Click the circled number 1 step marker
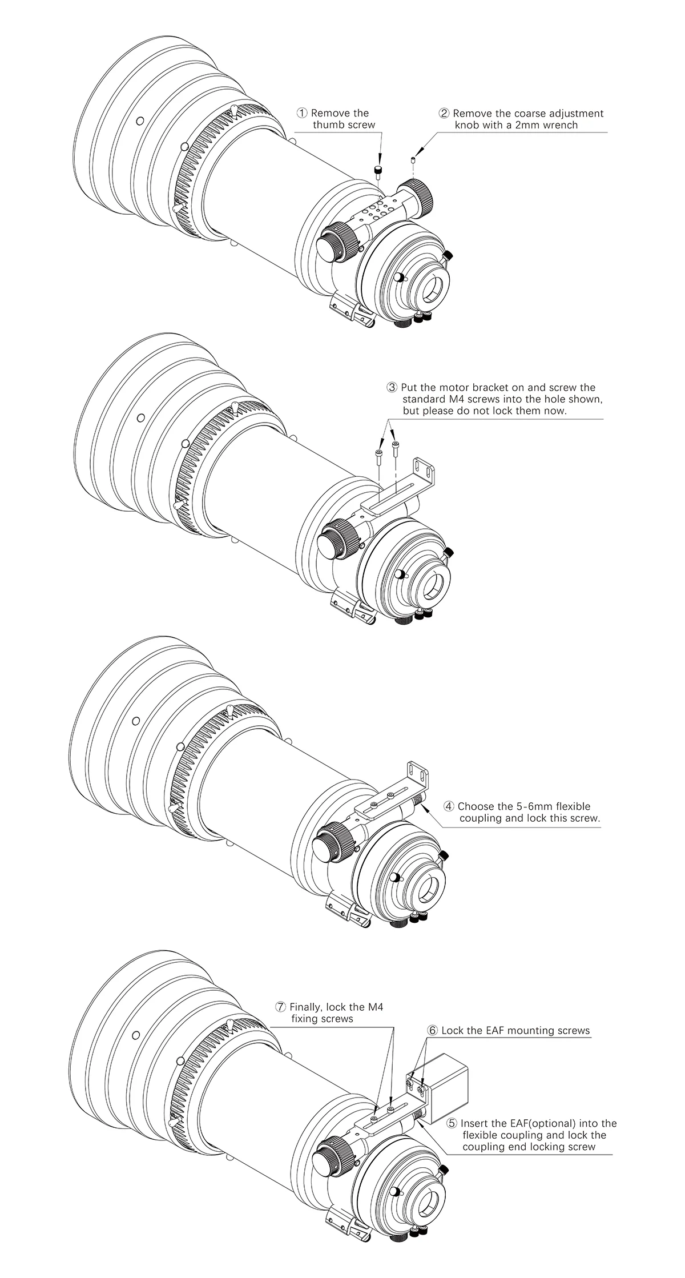click(x=303, y=113)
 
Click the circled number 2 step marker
click(x=444, y=113)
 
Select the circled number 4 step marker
click(x=449, y=806)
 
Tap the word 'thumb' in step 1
click(x=328, y=125)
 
